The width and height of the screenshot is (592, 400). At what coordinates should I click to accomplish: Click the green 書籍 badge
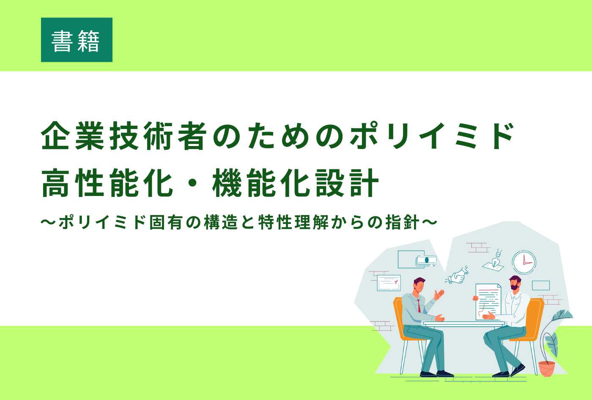(77, 40)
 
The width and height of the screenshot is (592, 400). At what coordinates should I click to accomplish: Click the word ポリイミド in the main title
(432, 136)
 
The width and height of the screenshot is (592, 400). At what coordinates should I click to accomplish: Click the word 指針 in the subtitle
(402, 222)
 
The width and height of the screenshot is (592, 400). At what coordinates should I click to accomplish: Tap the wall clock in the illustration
(524, 262)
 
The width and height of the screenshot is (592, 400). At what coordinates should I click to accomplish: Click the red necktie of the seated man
(419, 305)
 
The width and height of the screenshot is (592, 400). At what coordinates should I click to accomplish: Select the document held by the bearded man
(488, 302)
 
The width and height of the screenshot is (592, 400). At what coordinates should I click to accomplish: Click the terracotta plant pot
(547, 369)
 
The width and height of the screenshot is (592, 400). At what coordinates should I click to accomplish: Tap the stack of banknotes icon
(426, 261)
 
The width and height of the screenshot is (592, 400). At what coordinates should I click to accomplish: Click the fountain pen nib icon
(497, 259)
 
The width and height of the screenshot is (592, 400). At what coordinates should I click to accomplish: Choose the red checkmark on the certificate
(396, 282)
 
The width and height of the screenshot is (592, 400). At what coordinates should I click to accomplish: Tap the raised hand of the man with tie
(439, 295)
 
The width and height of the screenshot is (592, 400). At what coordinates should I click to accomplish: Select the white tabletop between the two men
(464, 323)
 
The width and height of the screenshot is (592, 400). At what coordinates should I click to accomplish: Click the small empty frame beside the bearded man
(541, 286)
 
